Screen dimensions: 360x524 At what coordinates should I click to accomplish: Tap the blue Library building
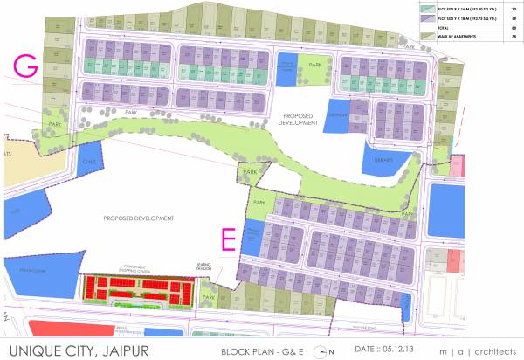pyautogui.click(x=385, y=163)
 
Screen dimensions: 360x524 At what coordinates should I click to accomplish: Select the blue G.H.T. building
pyautogui.click(x=88, y=160)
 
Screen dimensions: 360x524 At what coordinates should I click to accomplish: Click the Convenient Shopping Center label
pyautogui.click(x=133, y=271)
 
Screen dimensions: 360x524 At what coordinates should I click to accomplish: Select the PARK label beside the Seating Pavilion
pyautogui.click(x=208, y=299)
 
